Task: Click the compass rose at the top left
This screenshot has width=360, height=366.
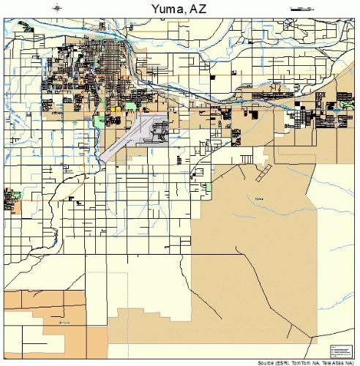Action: [x=58, y=8]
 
